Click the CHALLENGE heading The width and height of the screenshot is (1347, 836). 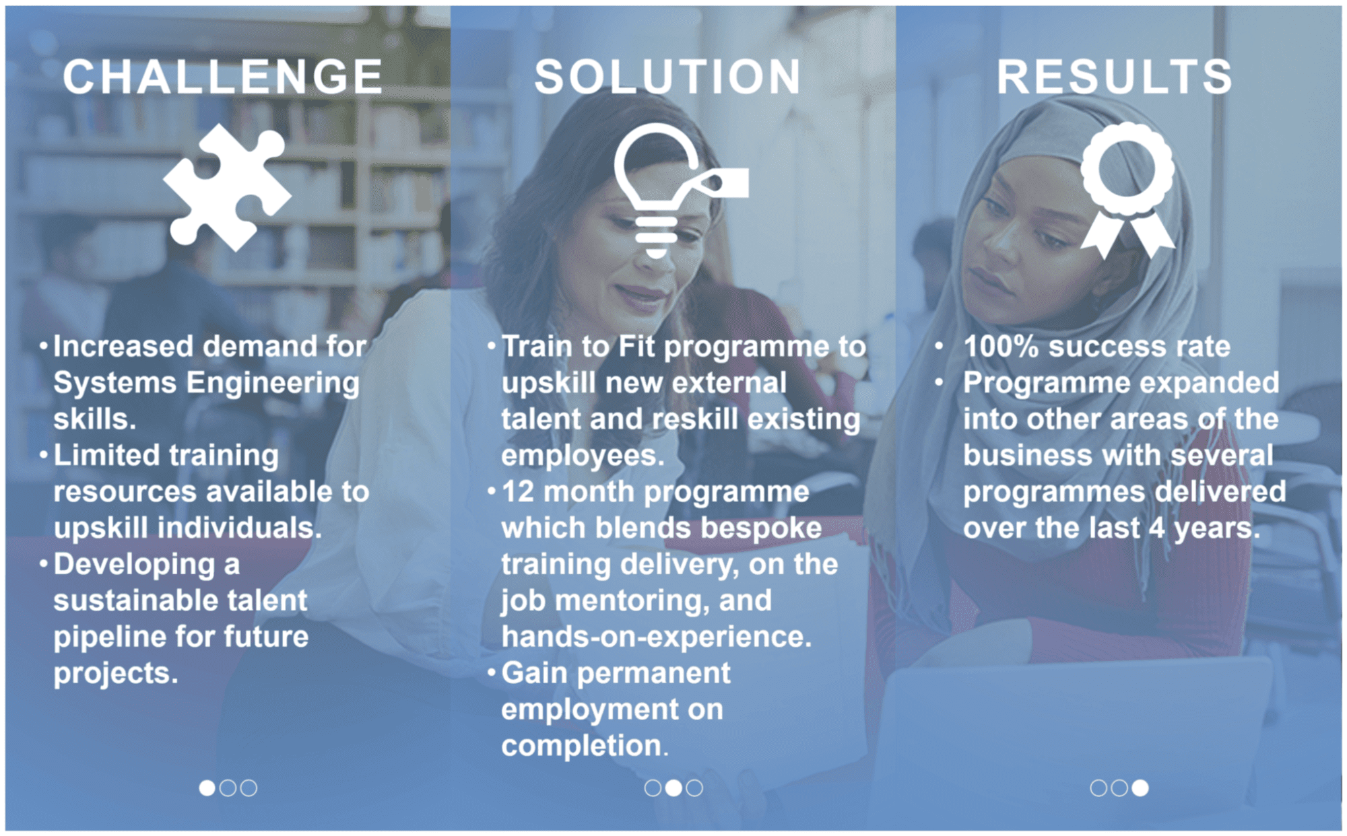(223, 76)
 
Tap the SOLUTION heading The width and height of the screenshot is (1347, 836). (667, 76)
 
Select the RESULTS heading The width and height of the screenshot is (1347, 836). (1115, 76)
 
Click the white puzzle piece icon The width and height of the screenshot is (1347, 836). (227, 186)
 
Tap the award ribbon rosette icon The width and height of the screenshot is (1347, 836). (1127, 190)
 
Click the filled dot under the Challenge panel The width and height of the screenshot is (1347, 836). (207, 788)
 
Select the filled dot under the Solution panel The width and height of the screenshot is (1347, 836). (673, 788)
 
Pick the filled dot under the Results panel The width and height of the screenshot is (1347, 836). (1140, 788)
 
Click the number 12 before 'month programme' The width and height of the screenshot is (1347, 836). (518, 492)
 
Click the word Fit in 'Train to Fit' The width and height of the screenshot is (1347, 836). (636, 347)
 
